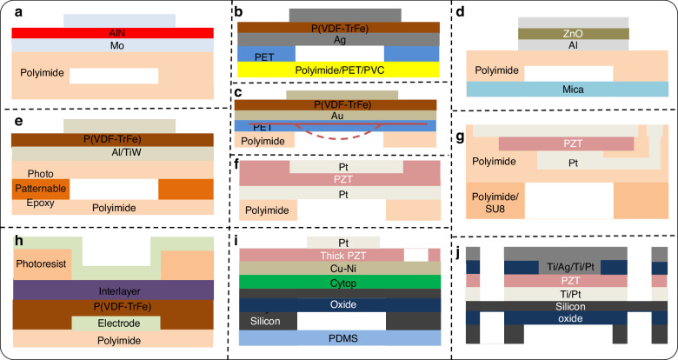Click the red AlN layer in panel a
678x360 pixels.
tap(114, 32)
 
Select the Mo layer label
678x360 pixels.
tap(114, 44)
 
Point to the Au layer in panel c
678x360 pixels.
tap(338, 114)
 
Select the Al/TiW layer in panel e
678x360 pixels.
tap(114, 152)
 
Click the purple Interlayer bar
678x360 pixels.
tap(114, 288)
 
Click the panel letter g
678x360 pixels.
tap(469, 123)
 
